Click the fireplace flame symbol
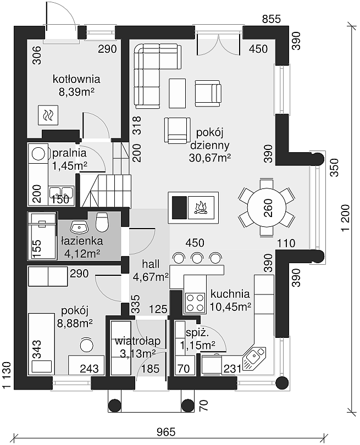click(x=201, y=208)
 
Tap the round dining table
click(x=267, y=208)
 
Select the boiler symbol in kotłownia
click(x=48, y=115)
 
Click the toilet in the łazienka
click(x=102, y=221)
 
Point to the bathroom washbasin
click(x=79, y=227)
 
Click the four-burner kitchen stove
click(x=195, y=303)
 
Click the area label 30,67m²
click(x=210, y=158)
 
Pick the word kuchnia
click(x=230, y=294)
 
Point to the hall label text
click(x=151, y=264)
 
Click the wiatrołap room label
click(x=138, y=341)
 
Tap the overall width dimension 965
click(x=166, y=432)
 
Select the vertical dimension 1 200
click(x=346, y=218)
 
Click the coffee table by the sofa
click(x=178, y=93)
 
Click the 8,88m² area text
click(x=75, y=322)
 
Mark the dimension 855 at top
click(x=271, y=19)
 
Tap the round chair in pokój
click(x=87, y=345)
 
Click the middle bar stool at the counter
click(x=197, y=258)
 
